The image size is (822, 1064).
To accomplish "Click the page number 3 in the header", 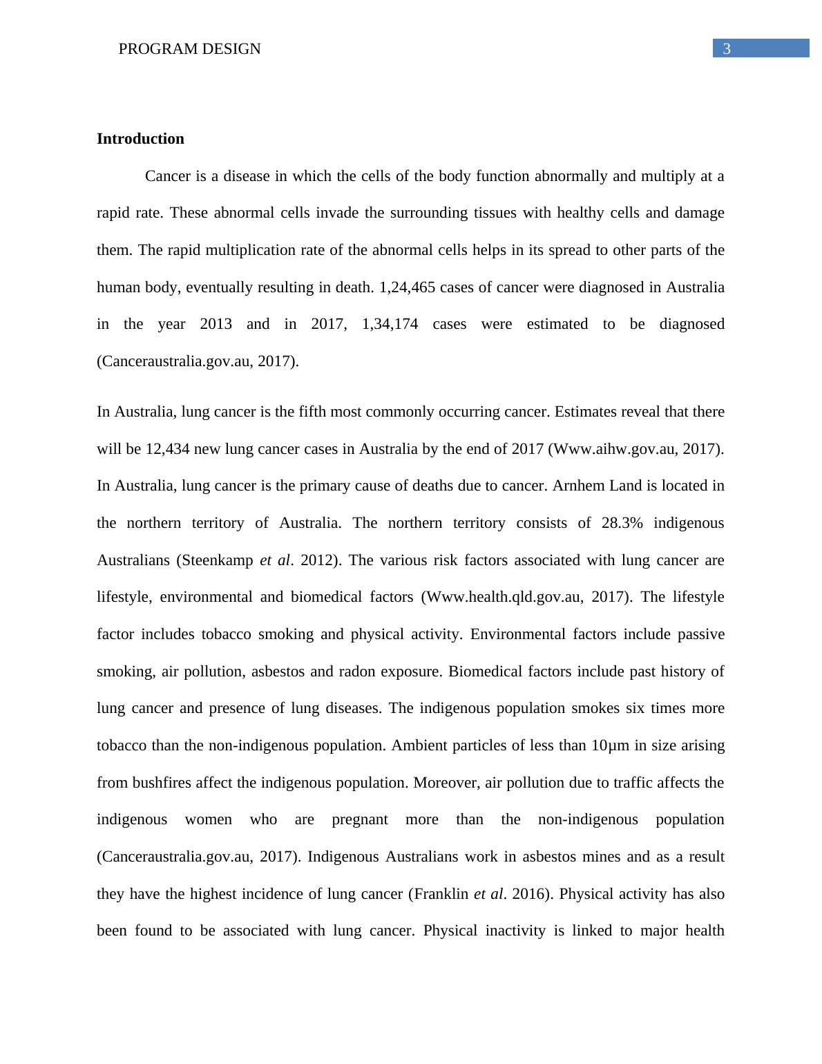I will pos(726,49).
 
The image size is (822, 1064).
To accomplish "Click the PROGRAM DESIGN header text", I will pos(189,49).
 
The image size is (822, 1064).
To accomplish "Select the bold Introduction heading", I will pos(140,139).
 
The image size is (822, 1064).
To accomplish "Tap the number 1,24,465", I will pos(408,287).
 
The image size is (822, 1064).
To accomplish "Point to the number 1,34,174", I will pos(390,324).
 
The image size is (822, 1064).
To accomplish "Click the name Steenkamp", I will pos(218,560).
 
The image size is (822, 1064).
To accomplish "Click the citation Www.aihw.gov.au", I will pos(614,449).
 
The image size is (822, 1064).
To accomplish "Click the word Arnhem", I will pos(575,486).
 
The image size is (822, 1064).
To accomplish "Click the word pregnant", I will pos(360,819).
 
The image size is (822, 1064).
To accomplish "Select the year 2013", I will pos(216,324).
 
